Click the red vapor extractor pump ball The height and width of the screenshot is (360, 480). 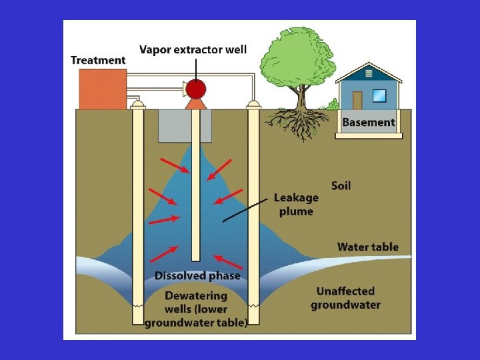195,88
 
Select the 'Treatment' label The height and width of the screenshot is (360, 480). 98,60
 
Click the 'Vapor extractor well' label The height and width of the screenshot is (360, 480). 193,49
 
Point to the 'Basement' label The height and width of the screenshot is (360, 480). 369,122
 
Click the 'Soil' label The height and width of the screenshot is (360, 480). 341,185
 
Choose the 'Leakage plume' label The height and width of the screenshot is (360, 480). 296,205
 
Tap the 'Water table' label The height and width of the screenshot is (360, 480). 367,247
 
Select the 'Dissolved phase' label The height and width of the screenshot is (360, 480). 197,275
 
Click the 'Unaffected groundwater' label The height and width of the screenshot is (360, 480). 345,298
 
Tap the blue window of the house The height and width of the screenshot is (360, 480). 379,95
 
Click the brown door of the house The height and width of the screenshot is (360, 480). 357,100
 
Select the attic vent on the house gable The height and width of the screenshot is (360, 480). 369,73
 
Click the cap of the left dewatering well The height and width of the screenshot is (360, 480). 138,105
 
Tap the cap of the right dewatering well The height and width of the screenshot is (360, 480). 253,105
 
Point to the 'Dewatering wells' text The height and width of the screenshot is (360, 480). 196,309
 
